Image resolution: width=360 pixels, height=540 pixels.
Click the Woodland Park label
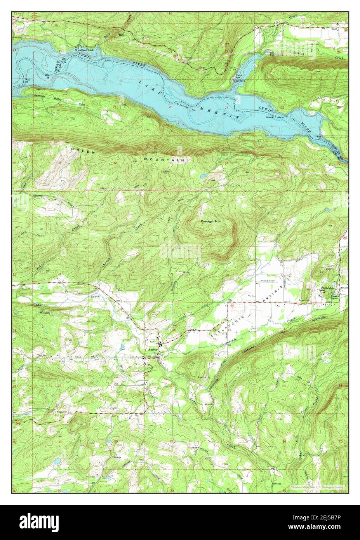84,50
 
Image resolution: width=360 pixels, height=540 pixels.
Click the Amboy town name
152,350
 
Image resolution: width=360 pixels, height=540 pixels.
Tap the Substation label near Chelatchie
304,300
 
